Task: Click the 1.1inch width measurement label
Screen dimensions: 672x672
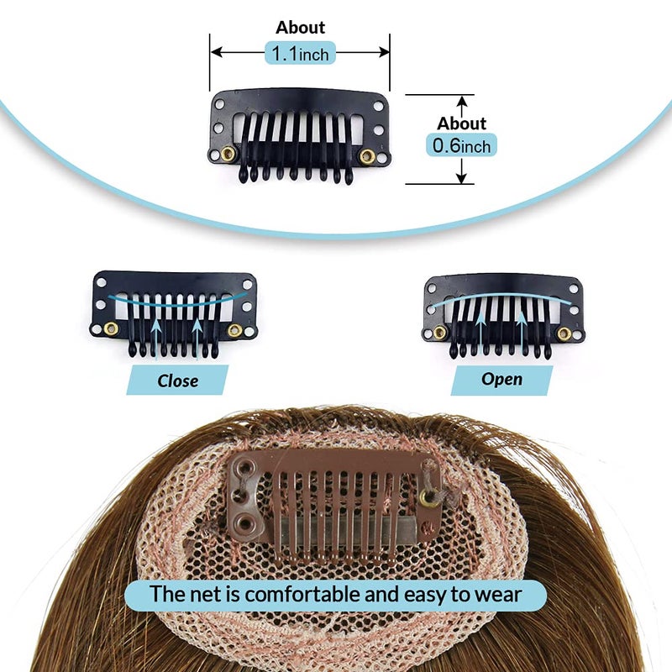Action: (300, 53)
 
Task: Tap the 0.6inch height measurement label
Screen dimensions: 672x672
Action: (461, 144)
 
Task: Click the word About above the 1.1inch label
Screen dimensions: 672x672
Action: (300, 28)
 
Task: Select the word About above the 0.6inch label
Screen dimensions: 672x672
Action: (461, 123)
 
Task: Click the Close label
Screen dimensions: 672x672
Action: (177, 381)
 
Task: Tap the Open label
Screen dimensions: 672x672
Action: (501, 380)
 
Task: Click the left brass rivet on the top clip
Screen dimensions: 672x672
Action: (228, 154)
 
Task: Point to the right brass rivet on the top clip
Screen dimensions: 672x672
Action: (367, 156)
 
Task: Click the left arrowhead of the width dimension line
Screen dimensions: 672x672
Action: (217, 52)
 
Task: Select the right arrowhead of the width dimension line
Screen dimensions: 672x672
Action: (383, 52)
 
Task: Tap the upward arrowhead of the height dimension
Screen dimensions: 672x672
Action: (461, 101)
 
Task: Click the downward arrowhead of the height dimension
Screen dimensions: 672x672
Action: (461, 177)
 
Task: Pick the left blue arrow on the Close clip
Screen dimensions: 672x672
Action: (156, 338)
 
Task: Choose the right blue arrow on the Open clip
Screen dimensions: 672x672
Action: (522, 332)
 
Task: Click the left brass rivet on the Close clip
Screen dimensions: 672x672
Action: (111, 328)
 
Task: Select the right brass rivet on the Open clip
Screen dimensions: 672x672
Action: (564, 333)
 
